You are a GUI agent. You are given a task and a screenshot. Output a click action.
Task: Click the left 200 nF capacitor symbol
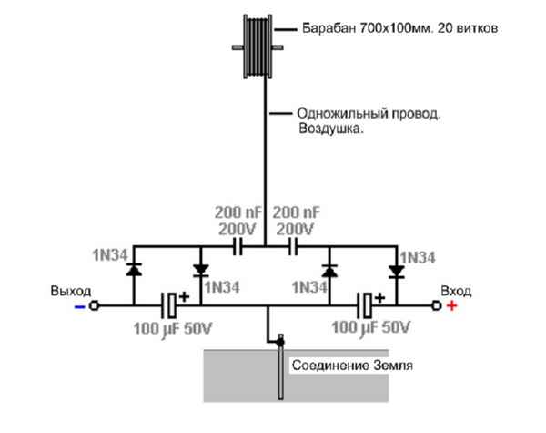click(239, 246)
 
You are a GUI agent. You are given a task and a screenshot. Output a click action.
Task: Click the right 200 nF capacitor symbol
click(294, 246)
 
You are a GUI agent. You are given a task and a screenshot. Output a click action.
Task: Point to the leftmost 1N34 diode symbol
click(134, 271)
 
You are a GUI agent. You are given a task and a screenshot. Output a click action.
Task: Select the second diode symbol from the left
click(200, 271)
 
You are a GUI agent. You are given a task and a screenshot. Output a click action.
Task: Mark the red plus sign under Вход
click(452, 306)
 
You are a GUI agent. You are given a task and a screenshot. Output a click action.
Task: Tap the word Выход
click(72, 291)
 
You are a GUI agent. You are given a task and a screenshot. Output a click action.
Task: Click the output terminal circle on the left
click(93, 306)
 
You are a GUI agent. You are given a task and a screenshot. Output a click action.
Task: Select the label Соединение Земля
click(352, 366)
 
